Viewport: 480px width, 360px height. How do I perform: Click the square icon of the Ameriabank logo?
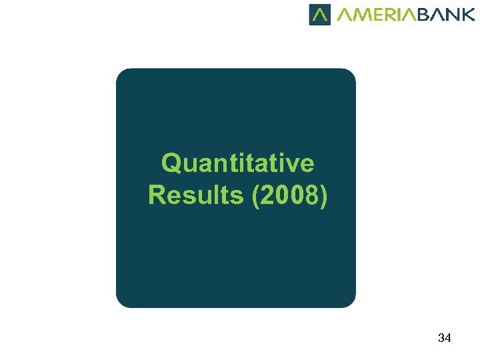(x=320, y=14)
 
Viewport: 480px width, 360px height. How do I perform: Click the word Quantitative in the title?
(x=237, y=163)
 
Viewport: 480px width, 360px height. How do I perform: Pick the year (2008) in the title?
(x=290, y=195)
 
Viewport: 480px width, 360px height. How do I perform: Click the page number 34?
(x=444, y=338)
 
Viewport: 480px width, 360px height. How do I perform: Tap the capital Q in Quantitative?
(x=171, y=163)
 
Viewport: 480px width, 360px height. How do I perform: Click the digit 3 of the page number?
(x=441, y=338)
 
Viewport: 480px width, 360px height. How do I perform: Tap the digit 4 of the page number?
(x=448, y=338)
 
